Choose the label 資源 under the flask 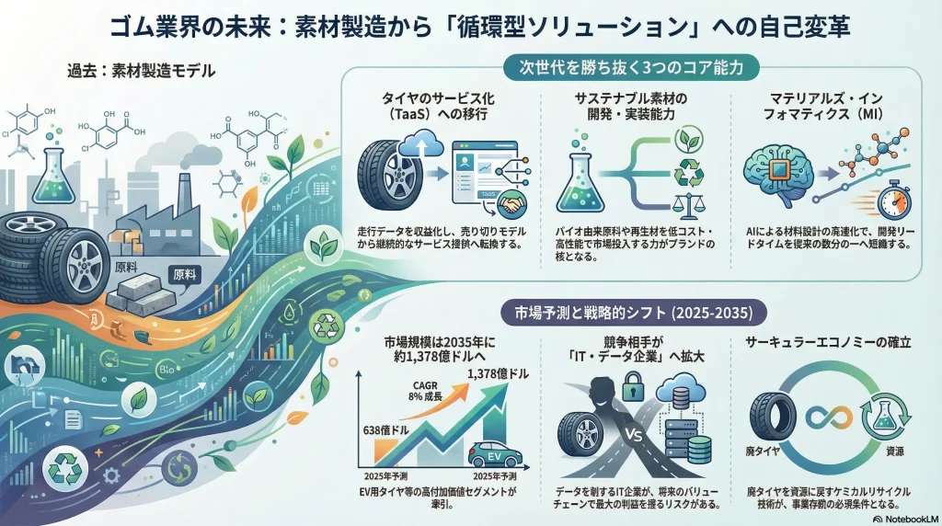(x=894, y=453)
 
